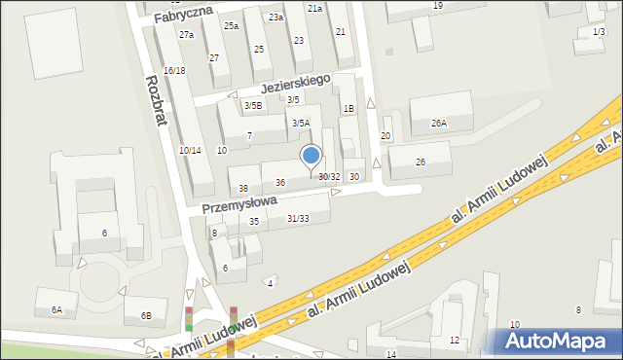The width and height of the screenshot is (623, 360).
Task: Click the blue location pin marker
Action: (311, 157)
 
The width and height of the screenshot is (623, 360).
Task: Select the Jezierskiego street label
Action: (295, 85)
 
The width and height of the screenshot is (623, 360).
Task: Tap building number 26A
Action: (439, 124)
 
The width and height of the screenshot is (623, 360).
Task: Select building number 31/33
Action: (298, 218)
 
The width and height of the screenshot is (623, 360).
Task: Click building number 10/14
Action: (190, 150)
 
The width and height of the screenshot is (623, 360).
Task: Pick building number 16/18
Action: (174, 71)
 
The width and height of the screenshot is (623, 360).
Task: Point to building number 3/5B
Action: (252, 105)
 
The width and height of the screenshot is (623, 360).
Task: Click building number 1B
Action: (348, 109)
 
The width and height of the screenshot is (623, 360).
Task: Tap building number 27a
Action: (186, 35)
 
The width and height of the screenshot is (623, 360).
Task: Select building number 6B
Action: (146, 315)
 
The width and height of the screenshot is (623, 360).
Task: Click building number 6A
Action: (56, 309)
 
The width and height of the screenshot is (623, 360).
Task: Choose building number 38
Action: (243, 188)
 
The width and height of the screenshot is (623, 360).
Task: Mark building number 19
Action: (438, 6)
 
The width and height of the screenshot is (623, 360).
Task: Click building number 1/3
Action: (598, 32)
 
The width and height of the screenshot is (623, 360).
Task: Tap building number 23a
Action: (276, 18)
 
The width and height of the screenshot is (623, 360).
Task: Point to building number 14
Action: (391, 354)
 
